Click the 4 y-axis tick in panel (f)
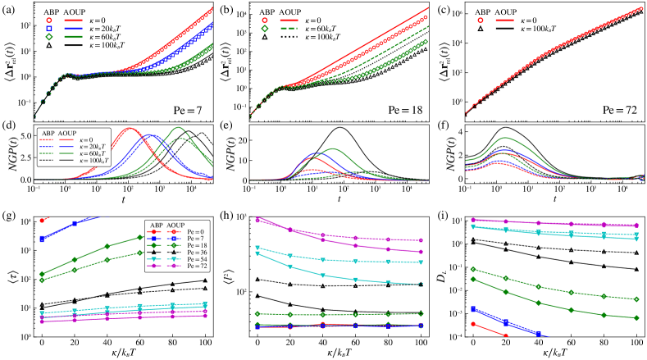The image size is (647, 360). [461, 130]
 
